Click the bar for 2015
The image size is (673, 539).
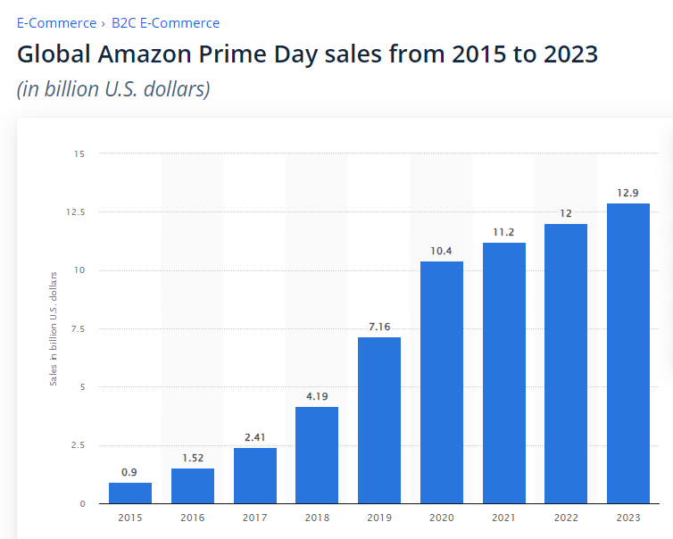pos(130,493)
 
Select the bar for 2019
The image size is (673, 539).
pos(379,419)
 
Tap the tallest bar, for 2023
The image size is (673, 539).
pos(628,352)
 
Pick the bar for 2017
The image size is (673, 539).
pos(255,475)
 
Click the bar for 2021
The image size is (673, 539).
pos(504,372)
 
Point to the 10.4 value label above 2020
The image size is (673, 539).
pos(442,251)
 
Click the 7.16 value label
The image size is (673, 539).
pos(379,327)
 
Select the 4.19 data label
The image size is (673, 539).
pos(317,396)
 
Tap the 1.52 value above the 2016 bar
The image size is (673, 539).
pos(193,458)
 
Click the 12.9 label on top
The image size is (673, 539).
pos(628,193)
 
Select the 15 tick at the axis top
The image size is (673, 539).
pos(79,154)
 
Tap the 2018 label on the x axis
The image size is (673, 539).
pos(317,516)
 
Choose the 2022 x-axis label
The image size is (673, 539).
pos(566,516)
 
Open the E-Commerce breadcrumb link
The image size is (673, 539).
pos(55,23)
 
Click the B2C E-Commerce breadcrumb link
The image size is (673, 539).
pos(165,23)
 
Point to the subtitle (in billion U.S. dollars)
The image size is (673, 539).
pos(113,89)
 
